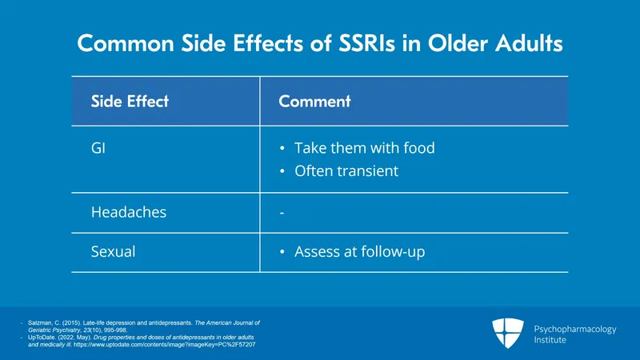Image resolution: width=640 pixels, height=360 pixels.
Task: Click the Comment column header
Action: pyautogui.click(x=314, y=102)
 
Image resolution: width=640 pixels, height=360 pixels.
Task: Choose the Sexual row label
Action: pyautogui.click(x=113, y=252)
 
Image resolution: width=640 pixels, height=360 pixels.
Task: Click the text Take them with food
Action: pyautogui.click(x=364, y=149)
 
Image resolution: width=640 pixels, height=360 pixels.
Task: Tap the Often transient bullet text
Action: pyautogui.click(x=346, y=171)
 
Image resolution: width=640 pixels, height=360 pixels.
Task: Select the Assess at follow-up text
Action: pyautogui.click(x=359, y=252)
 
